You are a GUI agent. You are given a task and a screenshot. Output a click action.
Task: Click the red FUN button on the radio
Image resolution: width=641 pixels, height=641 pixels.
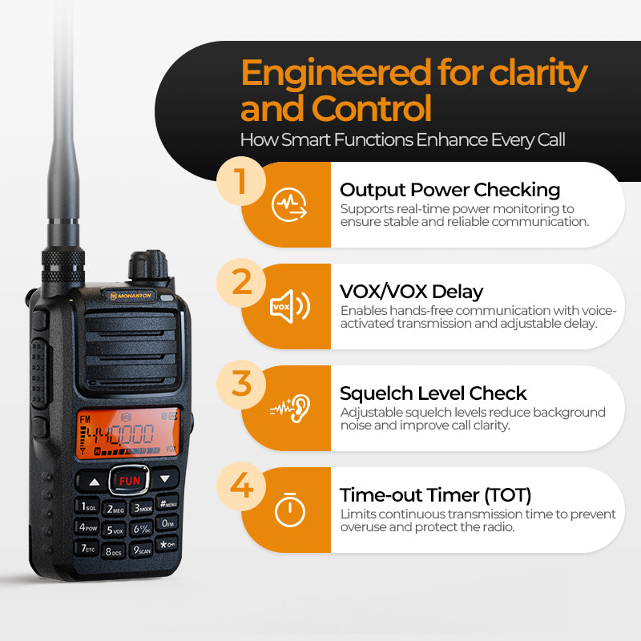point(129,480)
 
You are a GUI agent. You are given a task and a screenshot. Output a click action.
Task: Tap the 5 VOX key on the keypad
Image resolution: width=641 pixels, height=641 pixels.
point(114,530)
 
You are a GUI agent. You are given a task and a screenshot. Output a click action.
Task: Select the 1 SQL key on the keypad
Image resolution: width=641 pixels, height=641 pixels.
point(87,506)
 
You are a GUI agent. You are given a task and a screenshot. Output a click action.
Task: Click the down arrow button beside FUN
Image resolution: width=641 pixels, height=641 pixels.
point(165,478)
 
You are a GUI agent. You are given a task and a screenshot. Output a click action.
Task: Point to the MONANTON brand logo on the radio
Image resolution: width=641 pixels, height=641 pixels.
point(131,295)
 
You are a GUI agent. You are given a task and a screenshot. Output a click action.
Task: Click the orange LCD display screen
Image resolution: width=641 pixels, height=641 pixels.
point(128,433)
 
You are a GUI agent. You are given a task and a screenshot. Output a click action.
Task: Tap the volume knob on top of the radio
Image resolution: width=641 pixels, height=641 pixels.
point(148,265)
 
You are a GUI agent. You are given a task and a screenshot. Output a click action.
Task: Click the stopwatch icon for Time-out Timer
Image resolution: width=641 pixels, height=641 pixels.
point(290,510)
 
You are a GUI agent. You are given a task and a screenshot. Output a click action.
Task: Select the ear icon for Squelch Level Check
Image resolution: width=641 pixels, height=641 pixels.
point(290,408)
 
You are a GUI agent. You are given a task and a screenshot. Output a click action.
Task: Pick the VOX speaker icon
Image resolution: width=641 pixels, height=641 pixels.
point(290,306)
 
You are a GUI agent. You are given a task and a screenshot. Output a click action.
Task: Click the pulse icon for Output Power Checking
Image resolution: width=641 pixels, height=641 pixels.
point(289,204)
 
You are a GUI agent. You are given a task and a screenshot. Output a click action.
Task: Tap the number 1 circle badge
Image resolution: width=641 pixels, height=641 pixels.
point(241,181)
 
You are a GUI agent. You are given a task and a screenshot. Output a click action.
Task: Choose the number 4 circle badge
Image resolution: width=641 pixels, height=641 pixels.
point(241,486)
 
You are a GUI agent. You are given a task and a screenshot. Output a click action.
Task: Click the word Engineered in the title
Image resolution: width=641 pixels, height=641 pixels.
point(336,74)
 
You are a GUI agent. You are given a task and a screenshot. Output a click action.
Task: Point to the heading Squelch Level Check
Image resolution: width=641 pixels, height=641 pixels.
point(433,393)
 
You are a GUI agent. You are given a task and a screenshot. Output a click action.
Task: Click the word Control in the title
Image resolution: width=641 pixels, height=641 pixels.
point(372,108)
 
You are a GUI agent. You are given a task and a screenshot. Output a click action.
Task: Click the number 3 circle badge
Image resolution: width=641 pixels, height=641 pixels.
point(241,385)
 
